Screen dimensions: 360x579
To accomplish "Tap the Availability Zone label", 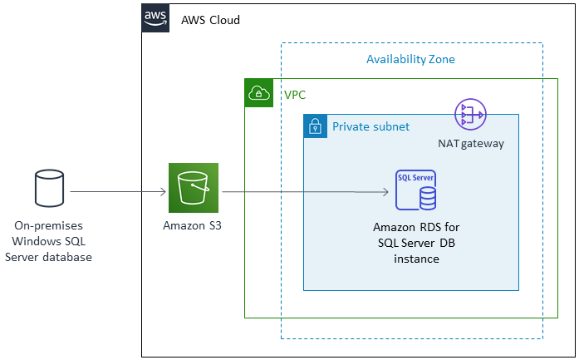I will [x=410, y=60].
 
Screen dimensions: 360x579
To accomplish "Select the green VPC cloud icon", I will [x=258, y=93].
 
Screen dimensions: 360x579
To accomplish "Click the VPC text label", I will [x=295, y=96].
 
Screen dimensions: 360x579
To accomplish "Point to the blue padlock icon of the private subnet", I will [x=315, y=126].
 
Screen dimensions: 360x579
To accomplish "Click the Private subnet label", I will [x=370, y=126].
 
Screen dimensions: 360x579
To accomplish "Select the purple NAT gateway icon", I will [x=470, y=115].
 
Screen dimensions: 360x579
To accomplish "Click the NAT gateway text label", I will [x=470, y=144].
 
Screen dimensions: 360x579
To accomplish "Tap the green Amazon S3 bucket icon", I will [x=193, y=188].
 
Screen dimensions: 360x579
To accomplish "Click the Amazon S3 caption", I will [x=193, y=225].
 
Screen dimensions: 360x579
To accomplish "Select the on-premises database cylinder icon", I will [x=48, y=188].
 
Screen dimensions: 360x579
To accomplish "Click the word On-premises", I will [x=48, y=225].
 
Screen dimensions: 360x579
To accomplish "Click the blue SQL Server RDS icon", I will [x=415, y=190].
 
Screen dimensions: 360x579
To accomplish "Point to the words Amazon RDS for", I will [x=415, y=227].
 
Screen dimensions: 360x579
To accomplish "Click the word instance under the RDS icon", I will [x=415, y=259].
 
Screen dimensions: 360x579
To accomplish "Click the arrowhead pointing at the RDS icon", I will [x=385, y=193].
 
